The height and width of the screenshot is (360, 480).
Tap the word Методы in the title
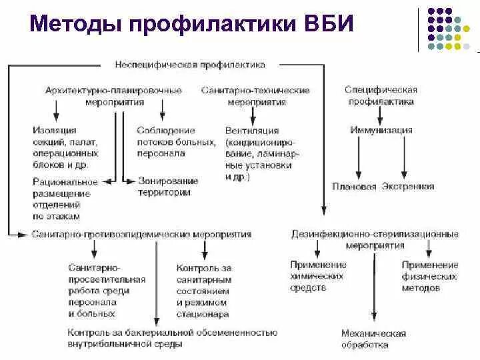[x=76, y=25]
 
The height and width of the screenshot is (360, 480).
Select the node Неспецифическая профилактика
[x=190, y=65]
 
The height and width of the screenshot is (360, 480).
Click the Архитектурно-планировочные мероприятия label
[x=114, y=95]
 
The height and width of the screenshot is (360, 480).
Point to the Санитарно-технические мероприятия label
[x=256, y=95]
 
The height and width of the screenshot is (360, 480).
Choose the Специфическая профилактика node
[x=381, y=95]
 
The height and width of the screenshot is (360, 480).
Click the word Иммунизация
[x=381, y=130]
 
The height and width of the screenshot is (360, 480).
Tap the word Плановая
[x=354, y=187]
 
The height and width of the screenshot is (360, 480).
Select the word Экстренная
[x=408, y=187]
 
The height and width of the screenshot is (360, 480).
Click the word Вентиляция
[x=252, y=131]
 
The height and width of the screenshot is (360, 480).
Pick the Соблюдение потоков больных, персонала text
[x=176, y=141]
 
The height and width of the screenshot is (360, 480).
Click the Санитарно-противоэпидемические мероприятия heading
[x=141, y=234]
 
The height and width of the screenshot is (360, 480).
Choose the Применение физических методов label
[x=429, y=276]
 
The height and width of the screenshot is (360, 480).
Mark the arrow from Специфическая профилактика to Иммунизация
[x=381, y=115]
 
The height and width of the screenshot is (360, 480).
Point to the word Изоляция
[x=54, y=131]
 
